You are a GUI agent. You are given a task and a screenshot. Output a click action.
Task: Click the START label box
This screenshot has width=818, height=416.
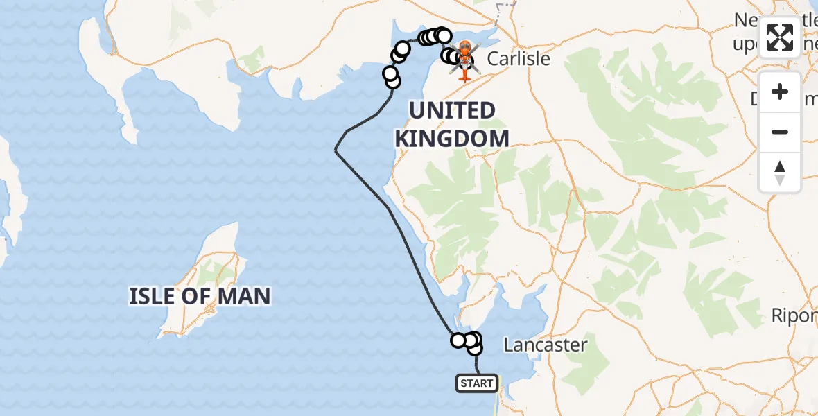[x=477, y=383]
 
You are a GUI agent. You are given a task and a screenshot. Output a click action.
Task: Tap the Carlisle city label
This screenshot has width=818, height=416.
[x=519, y=58]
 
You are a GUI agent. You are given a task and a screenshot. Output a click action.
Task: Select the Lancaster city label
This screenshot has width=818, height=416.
[x=546, y=345]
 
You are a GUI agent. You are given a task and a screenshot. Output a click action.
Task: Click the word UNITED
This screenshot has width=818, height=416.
[x=451, y=111]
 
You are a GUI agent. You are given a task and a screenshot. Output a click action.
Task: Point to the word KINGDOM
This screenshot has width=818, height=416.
[x=451, y=139]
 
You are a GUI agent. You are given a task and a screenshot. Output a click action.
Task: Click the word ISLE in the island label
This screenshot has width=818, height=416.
[x=152, y=297]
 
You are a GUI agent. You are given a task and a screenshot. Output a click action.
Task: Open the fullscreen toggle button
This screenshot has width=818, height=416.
[x=780, y=37]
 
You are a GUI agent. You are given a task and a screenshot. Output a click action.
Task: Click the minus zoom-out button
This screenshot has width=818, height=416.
[x=780, y=132]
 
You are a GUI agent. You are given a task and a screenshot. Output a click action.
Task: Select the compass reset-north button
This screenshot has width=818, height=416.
[x=780, y=172]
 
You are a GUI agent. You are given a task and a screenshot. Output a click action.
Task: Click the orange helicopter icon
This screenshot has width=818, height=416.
[x=464, y=55]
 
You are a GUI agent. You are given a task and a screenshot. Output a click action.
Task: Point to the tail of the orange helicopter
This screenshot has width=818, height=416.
[x=464, y=75]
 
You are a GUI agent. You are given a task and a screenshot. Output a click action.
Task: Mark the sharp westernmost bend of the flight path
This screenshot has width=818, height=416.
[x=336, y=150]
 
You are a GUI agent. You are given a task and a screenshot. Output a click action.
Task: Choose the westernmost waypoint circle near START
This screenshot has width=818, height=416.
[x=458, y=340]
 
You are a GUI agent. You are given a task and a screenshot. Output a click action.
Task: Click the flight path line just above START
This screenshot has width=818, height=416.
[x=477, y=364]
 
